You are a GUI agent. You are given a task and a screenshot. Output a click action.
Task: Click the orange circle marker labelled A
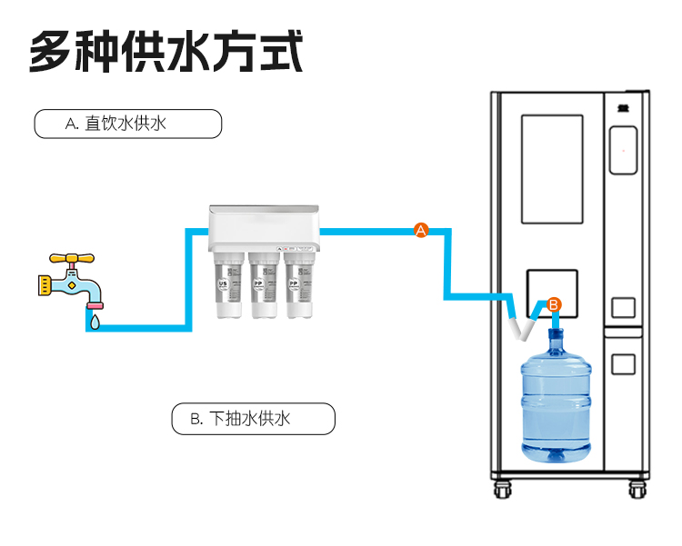[x=421, y=231]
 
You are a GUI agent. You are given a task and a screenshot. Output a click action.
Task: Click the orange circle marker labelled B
[x=555, y=304]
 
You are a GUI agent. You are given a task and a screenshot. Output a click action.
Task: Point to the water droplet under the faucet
[x=95, y=320]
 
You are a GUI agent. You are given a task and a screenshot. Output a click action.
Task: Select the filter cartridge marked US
[x=224, y=286]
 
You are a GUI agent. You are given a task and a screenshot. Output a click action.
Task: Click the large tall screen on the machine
[x=552, y=169]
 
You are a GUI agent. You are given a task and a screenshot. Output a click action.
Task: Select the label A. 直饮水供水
[x=127, y=124]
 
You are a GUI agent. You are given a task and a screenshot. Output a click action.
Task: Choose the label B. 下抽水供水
[x=253, y=419]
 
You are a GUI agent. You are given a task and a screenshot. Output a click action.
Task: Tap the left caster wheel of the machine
[x=503, y=490]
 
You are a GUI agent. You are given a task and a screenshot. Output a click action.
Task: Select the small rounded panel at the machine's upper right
[x=623, y=151]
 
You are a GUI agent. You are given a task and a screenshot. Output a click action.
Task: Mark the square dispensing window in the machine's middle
[x=552, y=292]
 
